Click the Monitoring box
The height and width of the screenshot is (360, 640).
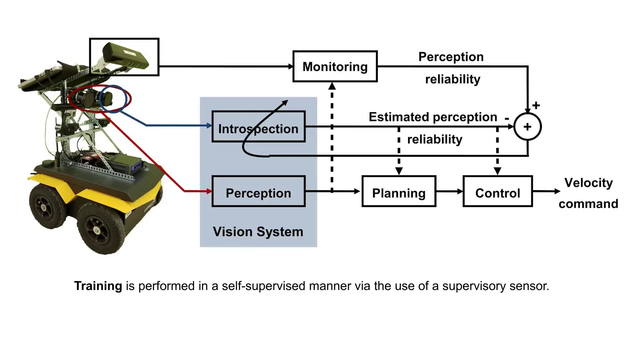[x=335, y=66]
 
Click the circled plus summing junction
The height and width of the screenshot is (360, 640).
[x=527, y=127]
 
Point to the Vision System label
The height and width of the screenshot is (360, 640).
[x=258, y=232]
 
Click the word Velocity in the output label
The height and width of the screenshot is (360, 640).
[x=588, y=183]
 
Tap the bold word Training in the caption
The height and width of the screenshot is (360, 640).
[x=98, y=286]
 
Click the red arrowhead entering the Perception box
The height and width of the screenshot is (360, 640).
[x=209, y=191]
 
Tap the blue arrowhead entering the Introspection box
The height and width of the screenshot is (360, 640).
[x=209, y=126]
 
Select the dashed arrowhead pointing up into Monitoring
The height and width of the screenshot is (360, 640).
[x=332, y=86]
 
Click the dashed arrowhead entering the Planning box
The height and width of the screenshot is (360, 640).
[x=399, y=171]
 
